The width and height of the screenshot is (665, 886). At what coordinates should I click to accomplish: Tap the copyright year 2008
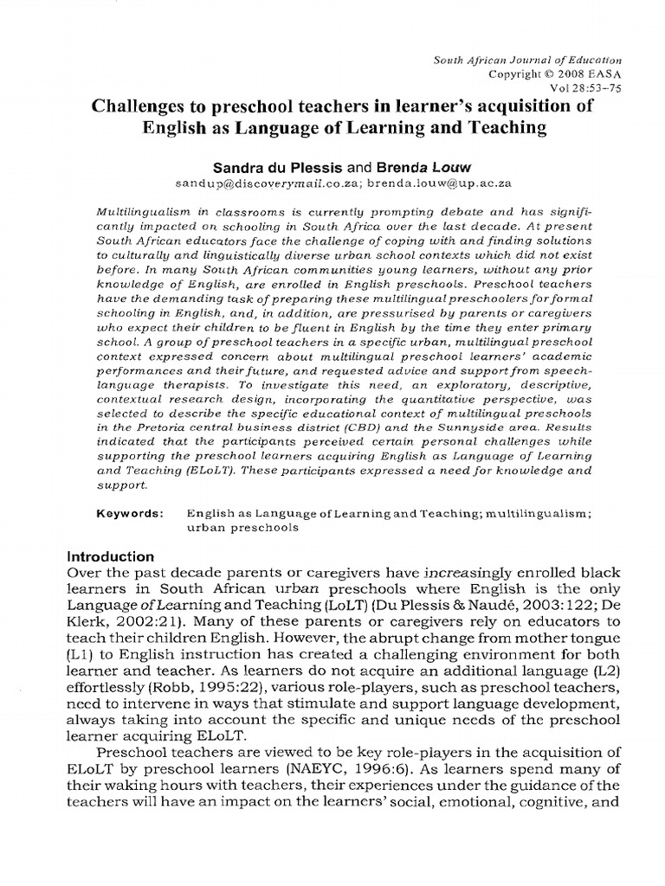coord(571,74)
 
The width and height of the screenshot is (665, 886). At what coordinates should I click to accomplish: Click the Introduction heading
coord(111,556)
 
